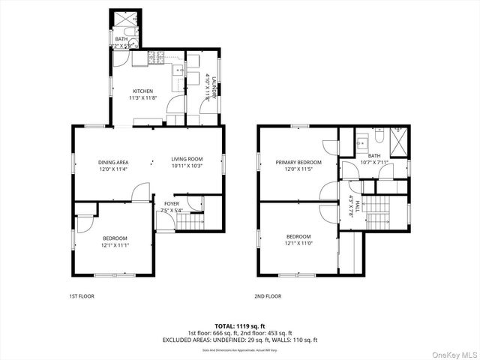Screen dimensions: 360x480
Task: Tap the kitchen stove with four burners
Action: click(156, 58)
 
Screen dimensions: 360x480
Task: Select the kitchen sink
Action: click(178, 70)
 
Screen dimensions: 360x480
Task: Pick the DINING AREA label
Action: click(113, 162)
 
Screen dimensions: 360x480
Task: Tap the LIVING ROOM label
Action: click(187, 159)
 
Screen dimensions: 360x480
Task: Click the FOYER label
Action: click(172, 203)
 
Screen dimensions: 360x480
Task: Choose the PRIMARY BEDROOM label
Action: click(298, 163)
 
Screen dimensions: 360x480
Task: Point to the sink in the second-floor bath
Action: click(361, 141)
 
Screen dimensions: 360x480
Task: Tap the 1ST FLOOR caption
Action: click(80, 296)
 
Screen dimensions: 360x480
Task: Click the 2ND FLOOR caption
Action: click(267, 296)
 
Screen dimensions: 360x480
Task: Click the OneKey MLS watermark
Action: click(453, 352)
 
